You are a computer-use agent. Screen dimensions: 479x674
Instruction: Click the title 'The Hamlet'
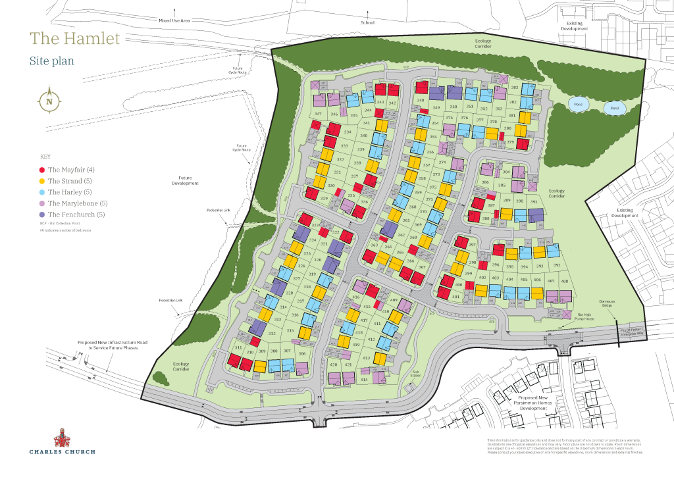(75, 39)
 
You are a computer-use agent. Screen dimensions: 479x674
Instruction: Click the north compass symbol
(49, 101)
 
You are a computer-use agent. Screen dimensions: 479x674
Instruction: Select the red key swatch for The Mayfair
(42, 170)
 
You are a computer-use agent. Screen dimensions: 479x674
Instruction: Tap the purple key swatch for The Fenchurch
(42, 214)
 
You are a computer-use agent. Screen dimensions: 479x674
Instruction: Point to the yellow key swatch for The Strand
(42, 181)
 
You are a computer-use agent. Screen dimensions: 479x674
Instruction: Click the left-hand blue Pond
(578, 105)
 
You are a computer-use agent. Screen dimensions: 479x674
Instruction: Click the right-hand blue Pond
(615, 109)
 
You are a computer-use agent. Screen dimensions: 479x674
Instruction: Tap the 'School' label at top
(367, 22)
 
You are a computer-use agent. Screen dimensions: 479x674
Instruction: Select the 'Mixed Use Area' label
(174, 21)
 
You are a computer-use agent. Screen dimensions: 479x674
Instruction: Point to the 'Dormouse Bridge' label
(607, 303)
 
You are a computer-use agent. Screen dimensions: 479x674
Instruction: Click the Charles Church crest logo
(62, 436)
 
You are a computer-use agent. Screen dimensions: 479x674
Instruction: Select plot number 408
(564, 281)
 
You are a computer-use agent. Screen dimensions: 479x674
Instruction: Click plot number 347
(318, 114)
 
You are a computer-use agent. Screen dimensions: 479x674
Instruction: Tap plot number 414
(364, 380)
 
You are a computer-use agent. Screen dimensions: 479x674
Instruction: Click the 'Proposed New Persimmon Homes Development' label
(532, 403)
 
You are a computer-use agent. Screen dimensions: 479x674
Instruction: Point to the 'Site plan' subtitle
(51, 61)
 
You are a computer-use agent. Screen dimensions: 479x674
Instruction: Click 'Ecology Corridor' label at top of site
(484, 43)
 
